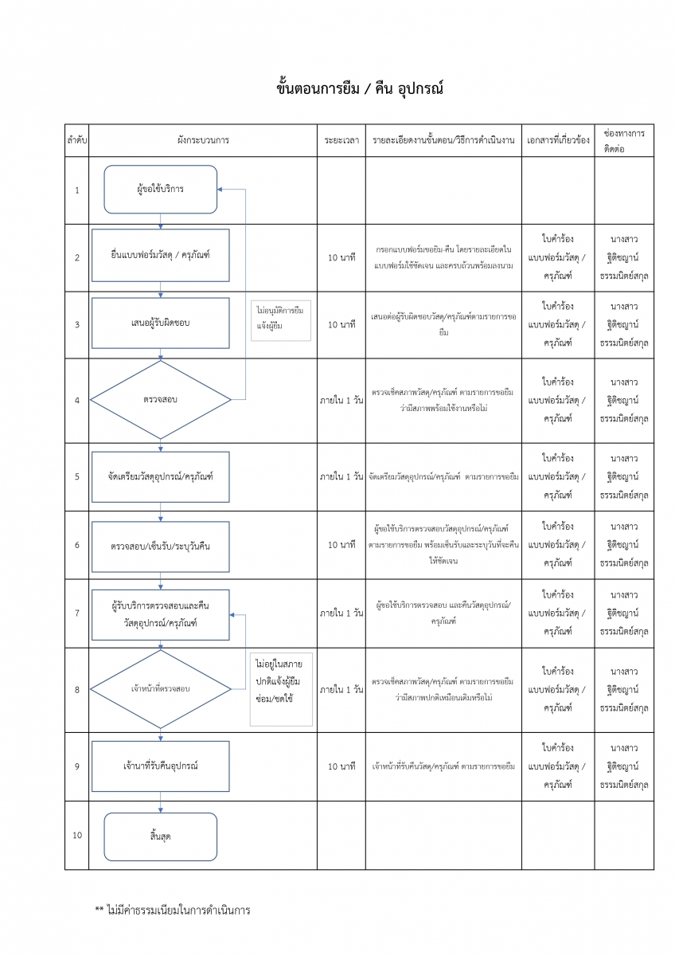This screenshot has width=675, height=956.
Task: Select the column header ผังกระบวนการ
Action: pyautogui.click(x=203, y=140)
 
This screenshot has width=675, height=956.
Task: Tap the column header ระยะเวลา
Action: pyautogui.click(x=341, y=140)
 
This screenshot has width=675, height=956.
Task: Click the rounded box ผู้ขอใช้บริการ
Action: pyautogui.click(x=160, y=190)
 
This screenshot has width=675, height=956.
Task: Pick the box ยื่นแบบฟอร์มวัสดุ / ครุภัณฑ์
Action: pyautogui.click(x=160, y=256)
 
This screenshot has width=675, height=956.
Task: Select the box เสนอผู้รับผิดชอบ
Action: pyautogui.click(x=160, y=323)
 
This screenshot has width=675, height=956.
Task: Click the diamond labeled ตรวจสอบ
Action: pyautogui.click(x=160, y=400)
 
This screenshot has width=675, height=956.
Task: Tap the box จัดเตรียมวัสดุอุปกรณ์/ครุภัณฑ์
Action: pyautogui.click(x=160, y=476)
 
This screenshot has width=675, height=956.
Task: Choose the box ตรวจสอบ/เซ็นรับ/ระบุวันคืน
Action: pyautogui.click(x=160, y=546)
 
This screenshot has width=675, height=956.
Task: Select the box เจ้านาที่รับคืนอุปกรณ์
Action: pyautogui.click(x=160, y=766)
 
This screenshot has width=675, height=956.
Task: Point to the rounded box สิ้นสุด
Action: pyautogui.click(x=160, y=836)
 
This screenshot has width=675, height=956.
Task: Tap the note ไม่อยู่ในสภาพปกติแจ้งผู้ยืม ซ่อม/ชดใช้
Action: pyautogui.click(x=281, y=688)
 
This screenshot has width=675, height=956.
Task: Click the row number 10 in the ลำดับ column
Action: pyautogui.click(x=76, y=836)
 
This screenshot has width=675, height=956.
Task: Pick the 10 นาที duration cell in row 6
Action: pyautogui.click(x=341, y=546)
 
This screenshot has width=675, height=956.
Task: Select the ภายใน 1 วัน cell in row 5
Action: pyautogui.click(x=341, y=476)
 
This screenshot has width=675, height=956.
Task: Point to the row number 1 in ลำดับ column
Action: pyautogui.click(x=76, y=190)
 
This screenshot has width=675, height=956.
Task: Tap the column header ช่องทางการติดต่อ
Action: pyautogui.click(x=624, y=140)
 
